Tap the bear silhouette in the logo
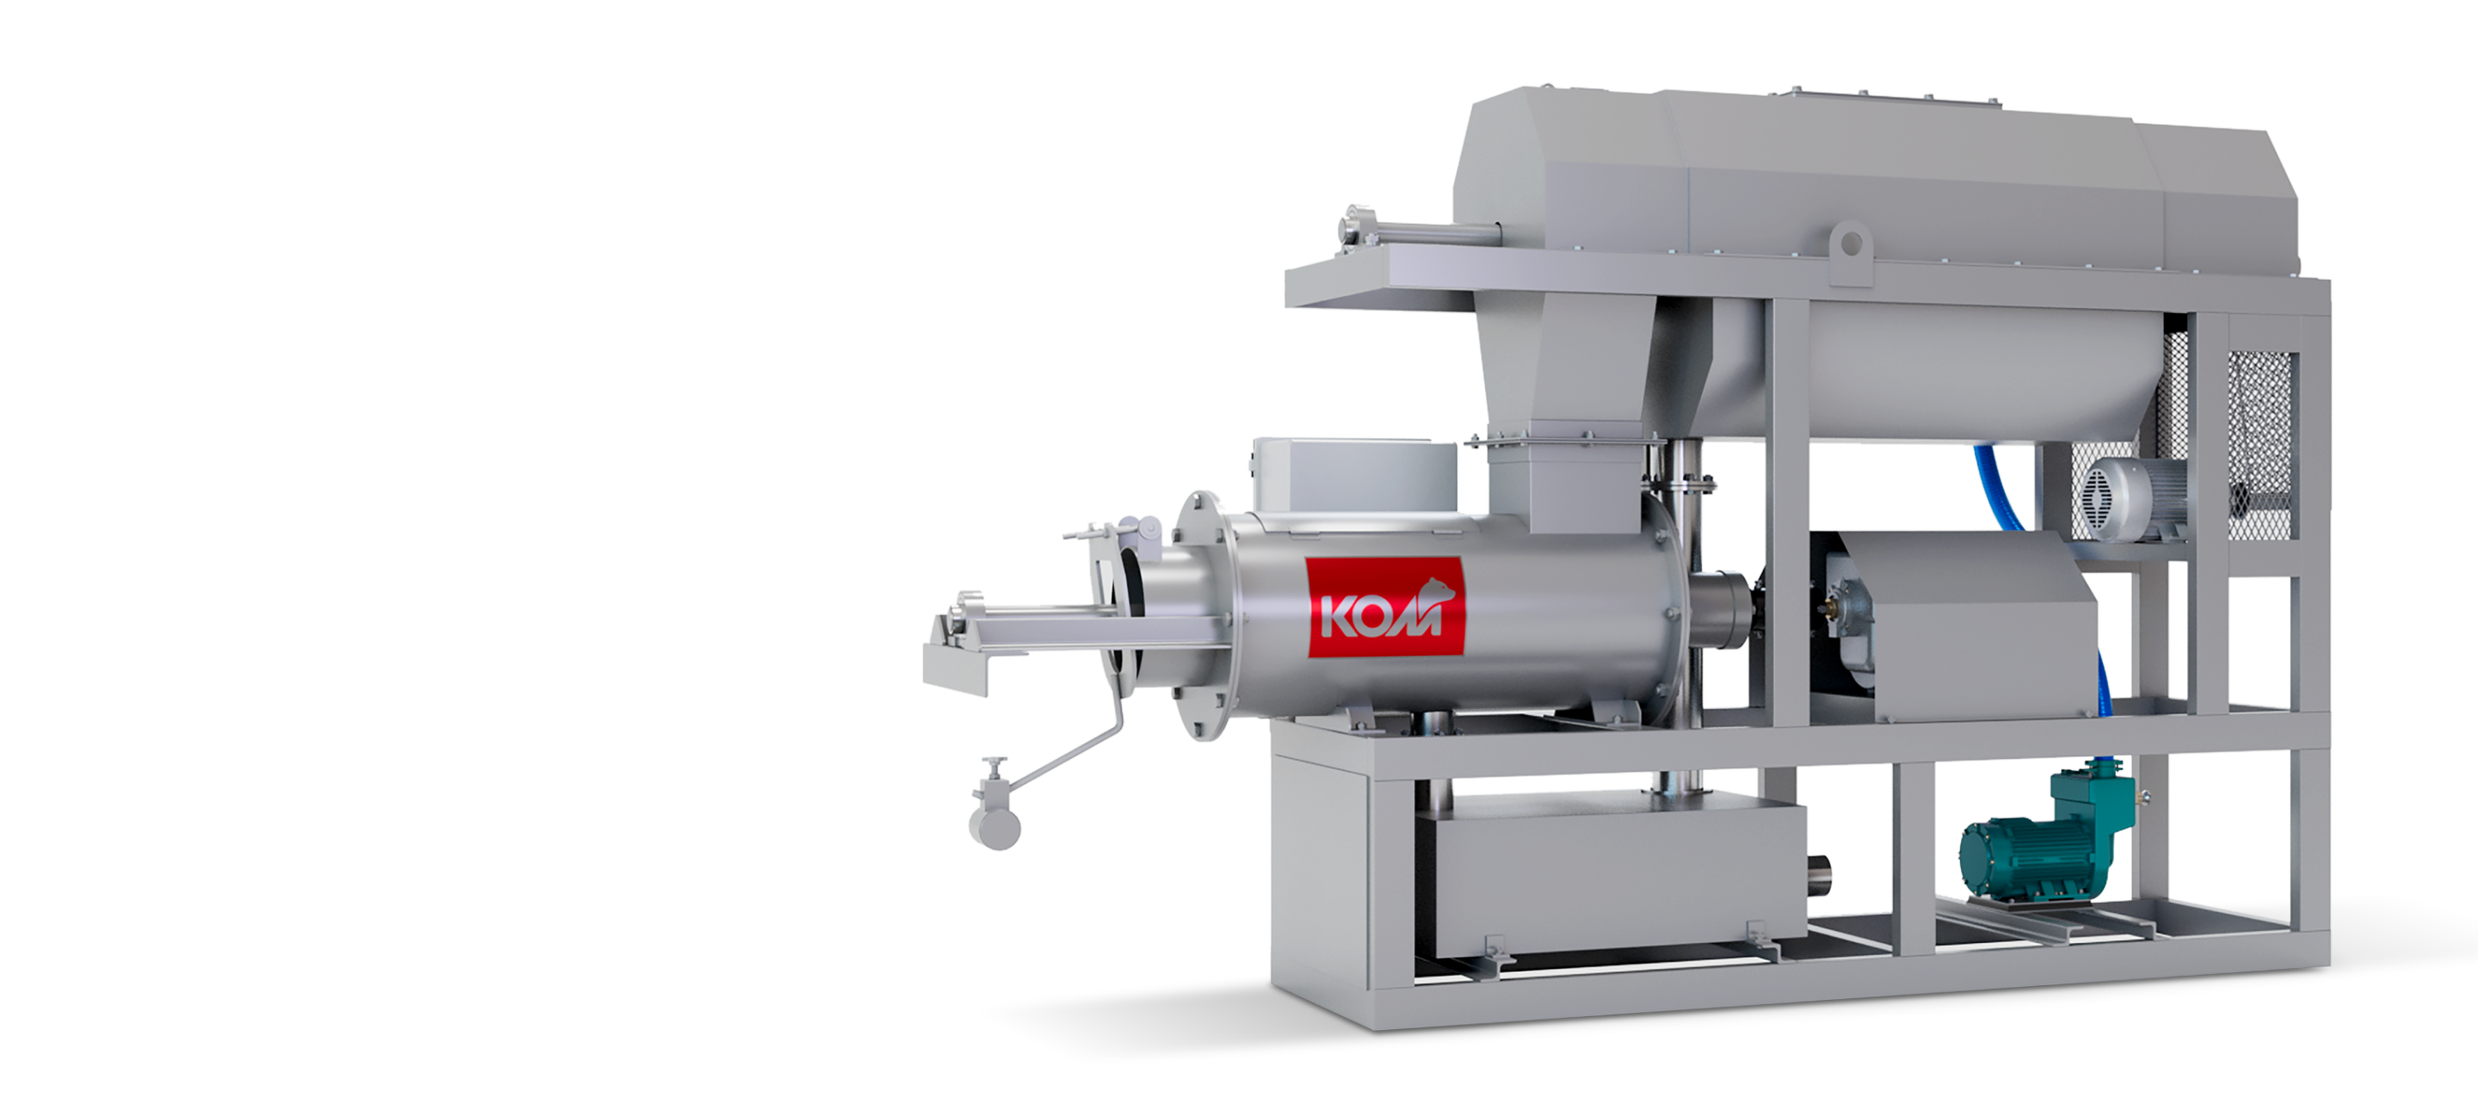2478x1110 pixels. pos(1439,589)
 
